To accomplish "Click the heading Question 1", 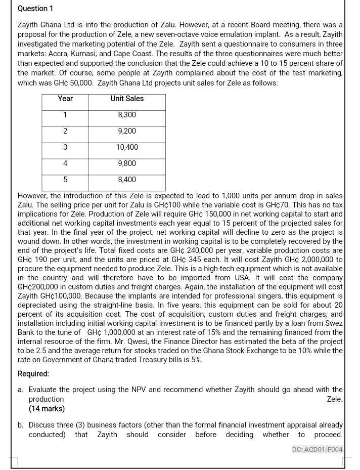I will coord(35,9).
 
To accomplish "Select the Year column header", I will coord(65,99).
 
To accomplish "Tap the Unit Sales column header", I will coord(127,99).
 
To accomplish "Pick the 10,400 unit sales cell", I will coord(127,147).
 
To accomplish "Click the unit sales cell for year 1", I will coord(127,115).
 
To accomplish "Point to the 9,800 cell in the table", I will coord(127,163).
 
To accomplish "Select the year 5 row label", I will coord(65,180).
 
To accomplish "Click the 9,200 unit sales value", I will coord(127,131).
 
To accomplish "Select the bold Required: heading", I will coord(33,374).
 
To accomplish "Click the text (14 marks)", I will coord(47,408).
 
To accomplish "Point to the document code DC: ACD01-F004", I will coord(317,449).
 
